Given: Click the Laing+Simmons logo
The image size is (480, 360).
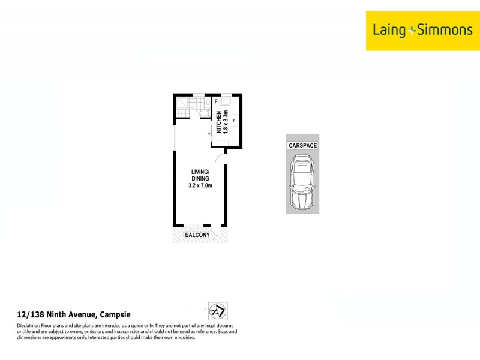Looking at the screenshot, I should click(422, 30).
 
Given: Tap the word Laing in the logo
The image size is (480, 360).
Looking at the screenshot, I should click(389, 30).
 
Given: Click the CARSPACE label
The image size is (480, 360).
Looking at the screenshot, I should click(302, 146).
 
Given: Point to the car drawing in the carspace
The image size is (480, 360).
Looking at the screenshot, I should click(302, 183).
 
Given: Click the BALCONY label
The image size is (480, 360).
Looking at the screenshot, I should click(197, 235).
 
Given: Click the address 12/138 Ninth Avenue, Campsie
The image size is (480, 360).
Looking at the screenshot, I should click(73, 314).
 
